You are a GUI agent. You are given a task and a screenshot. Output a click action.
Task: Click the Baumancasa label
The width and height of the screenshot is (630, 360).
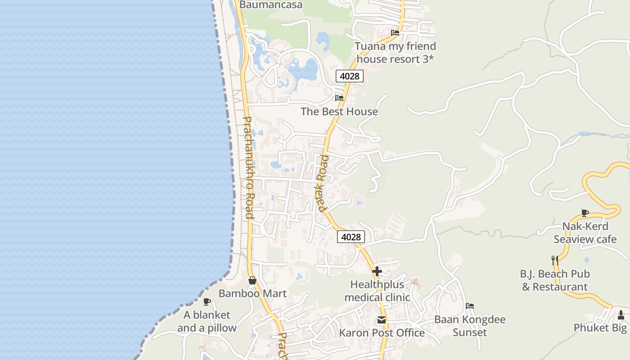pyautogui.click(x=271, y=5)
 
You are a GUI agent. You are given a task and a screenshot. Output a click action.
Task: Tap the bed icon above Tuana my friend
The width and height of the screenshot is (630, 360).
pyautogui.click(x=395, y=33)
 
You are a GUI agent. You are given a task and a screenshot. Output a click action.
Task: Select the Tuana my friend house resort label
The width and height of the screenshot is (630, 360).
pyautogui.click(x=395, y=53)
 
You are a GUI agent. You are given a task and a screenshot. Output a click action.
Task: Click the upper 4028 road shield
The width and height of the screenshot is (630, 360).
pyautogui.click(x=350, y=76)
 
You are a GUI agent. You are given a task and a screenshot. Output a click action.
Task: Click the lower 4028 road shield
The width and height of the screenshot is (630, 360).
pyautogui.click(x=351, y=237)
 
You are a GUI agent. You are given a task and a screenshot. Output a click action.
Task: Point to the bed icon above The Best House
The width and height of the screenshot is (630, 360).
pyautogui.click(x=339, y=98)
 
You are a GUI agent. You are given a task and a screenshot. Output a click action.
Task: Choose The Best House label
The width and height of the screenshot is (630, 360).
pyautogui.click(x=339, y=112)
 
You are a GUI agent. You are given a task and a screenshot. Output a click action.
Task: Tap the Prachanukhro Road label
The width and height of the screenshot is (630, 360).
pyautogui.click(x=248, y=167)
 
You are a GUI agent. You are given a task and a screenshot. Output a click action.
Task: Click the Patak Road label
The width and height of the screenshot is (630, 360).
pyautogui.click(x=323, y=184)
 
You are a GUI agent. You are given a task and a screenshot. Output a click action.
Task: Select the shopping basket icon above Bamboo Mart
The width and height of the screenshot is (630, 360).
pyautogui.click(x=252, y=280)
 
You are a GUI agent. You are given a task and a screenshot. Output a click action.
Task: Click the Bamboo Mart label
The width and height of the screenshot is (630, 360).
pyautogui.click(x=252, y=293)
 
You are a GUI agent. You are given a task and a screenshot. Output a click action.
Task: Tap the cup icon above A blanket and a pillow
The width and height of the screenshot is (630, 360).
pyautogui.click(x=207, y=301)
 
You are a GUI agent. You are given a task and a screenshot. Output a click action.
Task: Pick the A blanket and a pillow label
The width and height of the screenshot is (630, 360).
pyautogui.click(x=207, y=321)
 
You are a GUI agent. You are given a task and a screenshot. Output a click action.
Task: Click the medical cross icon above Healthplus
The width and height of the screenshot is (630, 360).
pyautogui.click(x=377, y=271)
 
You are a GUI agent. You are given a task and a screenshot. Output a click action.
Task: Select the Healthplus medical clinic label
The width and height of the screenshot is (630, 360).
pyautogui.click(x=377, y=291)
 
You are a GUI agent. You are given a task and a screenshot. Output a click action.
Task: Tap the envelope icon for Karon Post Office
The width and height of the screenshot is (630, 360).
pyautogui.click(x=382, y=320)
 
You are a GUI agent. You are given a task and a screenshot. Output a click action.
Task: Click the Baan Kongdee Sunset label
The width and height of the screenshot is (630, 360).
pyautogui.click(x=470, y=326)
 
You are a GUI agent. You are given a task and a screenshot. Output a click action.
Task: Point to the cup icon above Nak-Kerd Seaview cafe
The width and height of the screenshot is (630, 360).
pyautogui.click(x=585, y=213)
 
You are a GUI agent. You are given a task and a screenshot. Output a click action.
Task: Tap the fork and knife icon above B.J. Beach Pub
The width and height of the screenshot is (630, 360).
pyautogui.click(x=555, y=260)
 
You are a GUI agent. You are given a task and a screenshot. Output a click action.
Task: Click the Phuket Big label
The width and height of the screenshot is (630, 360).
pyautogui.click(x=600, y=328)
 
